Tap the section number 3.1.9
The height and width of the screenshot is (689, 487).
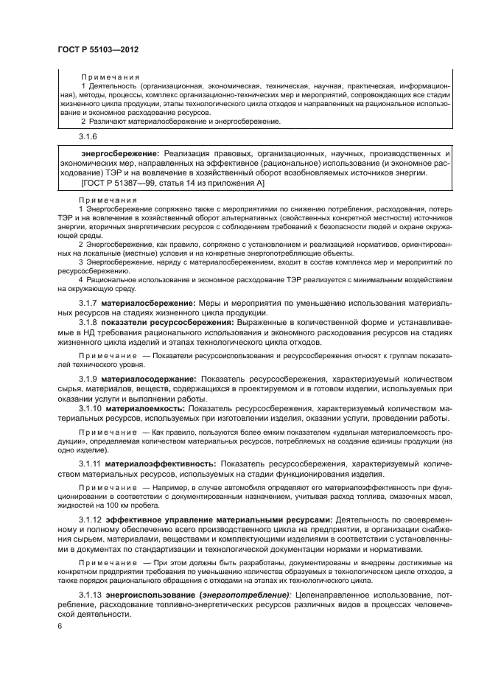click(x=88, y=379)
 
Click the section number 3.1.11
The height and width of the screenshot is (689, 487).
click(x=90, y=464)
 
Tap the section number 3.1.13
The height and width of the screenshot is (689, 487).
click(x=90, y=595)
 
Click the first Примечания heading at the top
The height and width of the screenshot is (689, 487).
click(x=110, y=77)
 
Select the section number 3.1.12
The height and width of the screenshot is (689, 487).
click(x=90, y=520)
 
